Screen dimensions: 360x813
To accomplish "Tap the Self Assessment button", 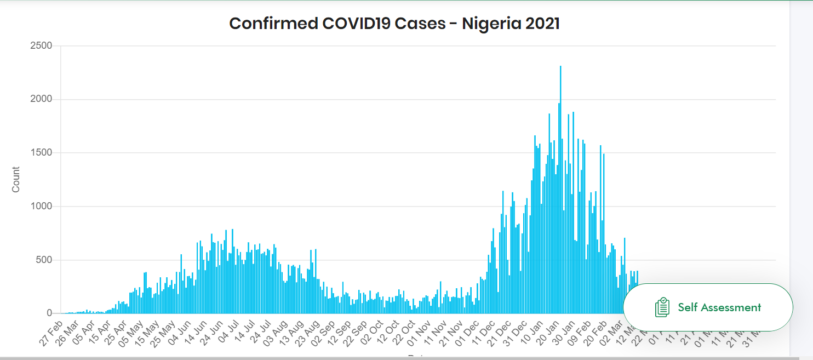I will (x=708, y=307).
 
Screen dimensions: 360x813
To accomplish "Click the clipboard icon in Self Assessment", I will (x=662, y=307).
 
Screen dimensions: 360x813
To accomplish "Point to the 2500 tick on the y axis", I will (x=41, y=46).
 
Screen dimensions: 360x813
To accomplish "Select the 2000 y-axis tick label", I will (x=41, y=99).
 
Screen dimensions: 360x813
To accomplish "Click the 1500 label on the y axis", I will (x=41, y=153).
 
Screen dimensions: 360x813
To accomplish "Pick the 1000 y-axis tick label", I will (x=41, y=207).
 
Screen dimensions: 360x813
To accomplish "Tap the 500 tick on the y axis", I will (x=44, y=260).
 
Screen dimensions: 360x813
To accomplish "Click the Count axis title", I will (x=16, y=179).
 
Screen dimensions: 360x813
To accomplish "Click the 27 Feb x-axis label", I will (x=51, y=334).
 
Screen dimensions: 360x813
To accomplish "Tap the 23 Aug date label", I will (x=309, y=334).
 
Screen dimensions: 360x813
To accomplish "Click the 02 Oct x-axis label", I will (x=374, y=334).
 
